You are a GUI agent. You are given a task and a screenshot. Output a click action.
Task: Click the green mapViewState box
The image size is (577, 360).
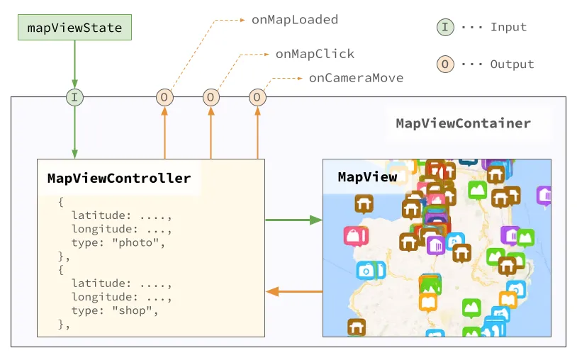point(74,28)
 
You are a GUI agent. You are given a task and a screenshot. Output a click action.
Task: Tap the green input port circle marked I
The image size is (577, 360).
point(74,97)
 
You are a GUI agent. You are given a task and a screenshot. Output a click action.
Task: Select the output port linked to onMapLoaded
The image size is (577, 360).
point(164,97)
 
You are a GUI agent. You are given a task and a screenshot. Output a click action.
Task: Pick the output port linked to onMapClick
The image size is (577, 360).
point(211,97)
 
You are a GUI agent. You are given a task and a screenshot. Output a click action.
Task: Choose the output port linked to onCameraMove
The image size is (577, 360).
point(257,97)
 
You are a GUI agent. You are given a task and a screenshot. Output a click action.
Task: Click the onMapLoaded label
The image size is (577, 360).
point(294,20)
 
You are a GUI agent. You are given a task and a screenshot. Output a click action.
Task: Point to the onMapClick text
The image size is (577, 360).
point(315,54)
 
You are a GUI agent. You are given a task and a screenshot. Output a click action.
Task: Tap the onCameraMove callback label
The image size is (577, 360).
point(356,78)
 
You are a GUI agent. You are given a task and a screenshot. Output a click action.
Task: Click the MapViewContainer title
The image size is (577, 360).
point(463,123)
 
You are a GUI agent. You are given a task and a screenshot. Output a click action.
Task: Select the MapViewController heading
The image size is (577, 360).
point(119,178)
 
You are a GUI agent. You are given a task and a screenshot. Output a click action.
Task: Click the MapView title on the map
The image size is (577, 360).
point(367,177)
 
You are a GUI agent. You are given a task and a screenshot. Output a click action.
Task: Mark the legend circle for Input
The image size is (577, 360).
point(444,28)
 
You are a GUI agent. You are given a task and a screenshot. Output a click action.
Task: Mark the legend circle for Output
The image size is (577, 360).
point(444,64)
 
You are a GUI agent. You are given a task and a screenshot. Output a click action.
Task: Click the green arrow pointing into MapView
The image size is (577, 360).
point(293,220)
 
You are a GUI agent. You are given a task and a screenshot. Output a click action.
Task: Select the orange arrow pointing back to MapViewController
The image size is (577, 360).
point(293,291)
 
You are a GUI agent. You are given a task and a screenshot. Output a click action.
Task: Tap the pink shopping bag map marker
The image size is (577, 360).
point(353,235)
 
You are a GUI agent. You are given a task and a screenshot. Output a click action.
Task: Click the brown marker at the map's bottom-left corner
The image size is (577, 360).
point(357,327)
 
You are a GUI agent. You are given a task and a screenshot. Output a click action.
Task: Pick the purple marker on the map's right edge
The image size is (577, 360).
point(544,195)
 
